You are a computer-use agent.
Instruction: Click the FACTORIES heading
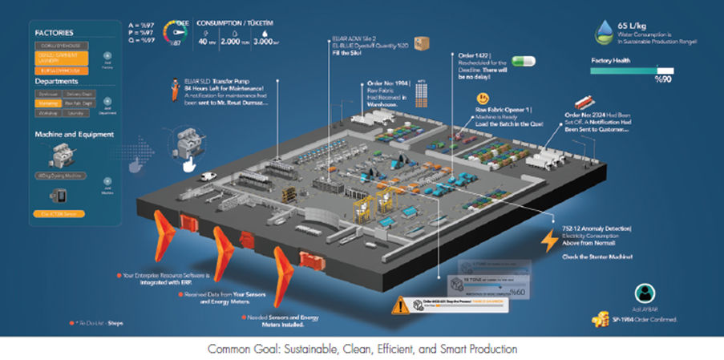[57, 33]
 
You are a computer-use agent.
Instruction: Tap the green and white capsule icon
[522, 61]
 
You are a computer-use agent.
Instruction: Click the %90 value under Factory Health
[663, 79]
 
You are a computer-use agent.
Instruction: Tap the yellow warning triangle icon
[400, 305]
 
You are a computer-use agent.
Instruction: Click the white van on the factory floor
[208, 176]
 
